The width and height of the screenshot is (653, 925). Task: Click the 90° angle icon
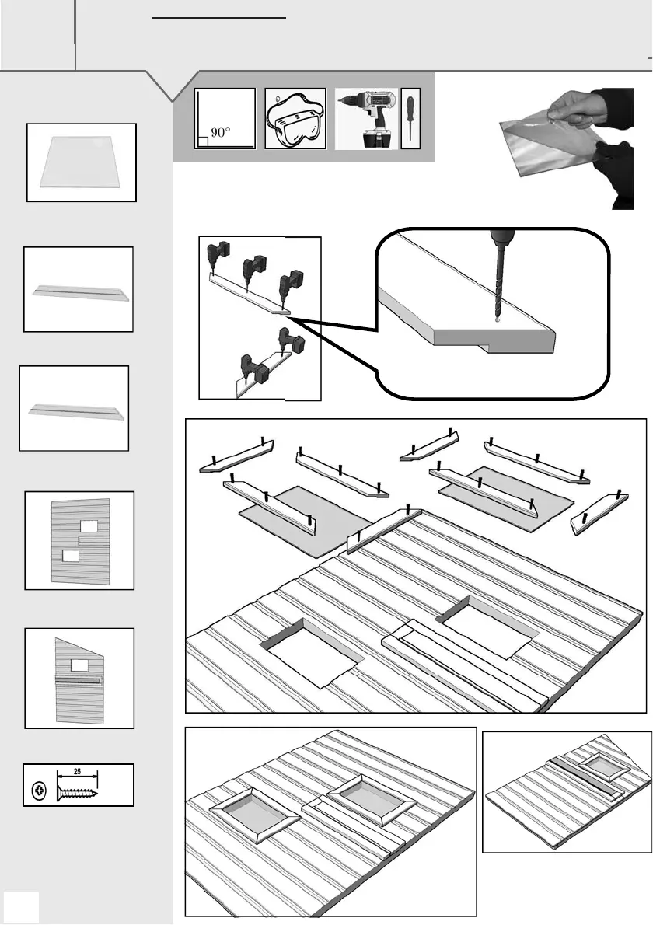click(x=225, y=118)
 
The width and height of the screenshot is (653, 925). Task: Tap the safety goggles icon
click(x=295, y=119)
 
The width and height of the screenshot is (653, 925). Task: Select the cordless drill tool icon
click(x=365, y=118)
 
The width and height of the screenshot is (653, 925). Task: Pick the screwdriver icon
click(x=410, y=118)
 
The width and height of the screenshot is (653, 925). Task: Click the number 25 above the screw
click(x=78, y=772)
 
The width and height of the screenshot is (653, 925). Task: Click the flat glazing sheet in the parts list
click(x=82, y=162)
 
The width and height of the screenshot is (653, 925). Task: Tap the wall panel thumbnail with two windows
click(x=80, y=540)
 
